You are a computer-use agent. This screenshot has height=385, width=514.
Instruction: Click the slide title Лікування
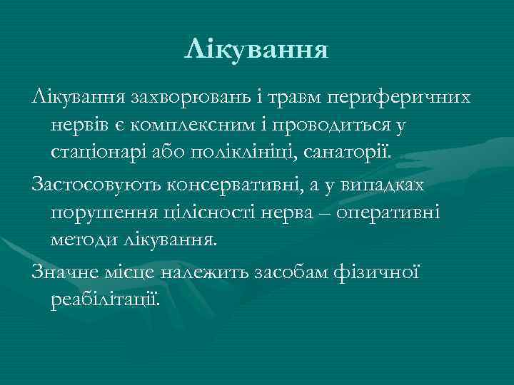click(x=256, y=51)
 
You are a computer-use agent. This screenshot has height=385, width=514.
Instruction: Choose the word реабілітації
click(x=106, y=300)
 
